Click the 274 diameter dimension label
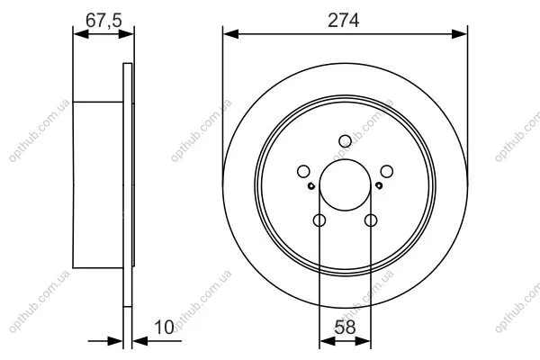[343, 20]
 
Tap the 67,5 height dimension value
[103, 20]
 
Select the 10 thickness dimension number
[164, 327]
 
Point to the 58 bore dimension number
[345, 327]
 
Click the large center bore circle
[345, 159]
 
